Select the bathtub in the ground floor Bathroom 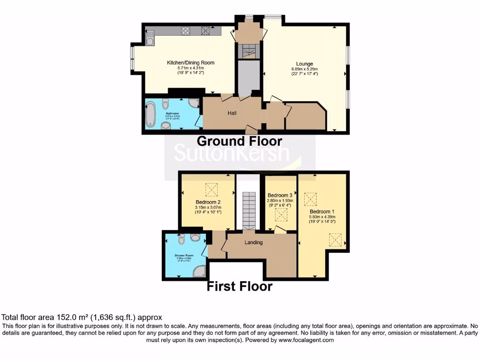pyautogui.click(x=150, y=114)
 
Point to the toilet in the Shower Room pyautogui.click(x=182, y=240)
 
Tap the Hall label pyautogui.click(x=232, y=113)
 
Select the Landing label pyautogui.click(x=254, y=242)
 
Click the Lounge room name pyautogui.click(x=304, y=64)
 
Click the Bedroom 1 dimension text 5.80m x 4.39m pyautogui.click(x=322, y=217)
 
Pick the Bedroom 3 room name pyautogui.click(x=280, y=195)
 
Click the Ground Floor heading pyautogui.click(x=240, y=141)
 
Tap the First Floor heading pyautogui.click(x=240, y=286)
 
